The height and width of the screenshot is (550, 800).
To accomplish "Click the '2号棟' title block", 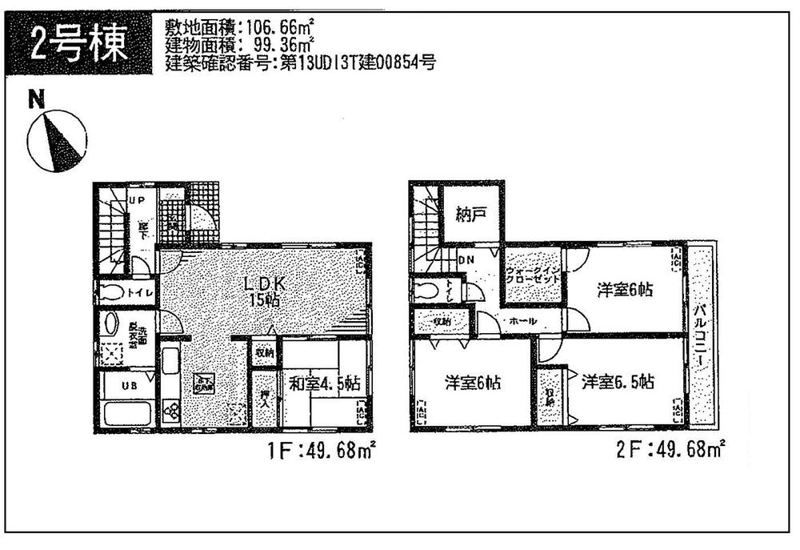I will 79,45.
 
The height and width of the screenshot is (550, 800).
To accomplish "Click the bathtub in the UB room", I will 126,413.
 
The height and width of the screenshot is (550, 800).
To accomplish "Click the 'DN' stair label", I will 466,260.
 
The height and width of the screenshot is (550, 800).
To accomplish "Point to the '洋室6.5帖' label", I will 618,383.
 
